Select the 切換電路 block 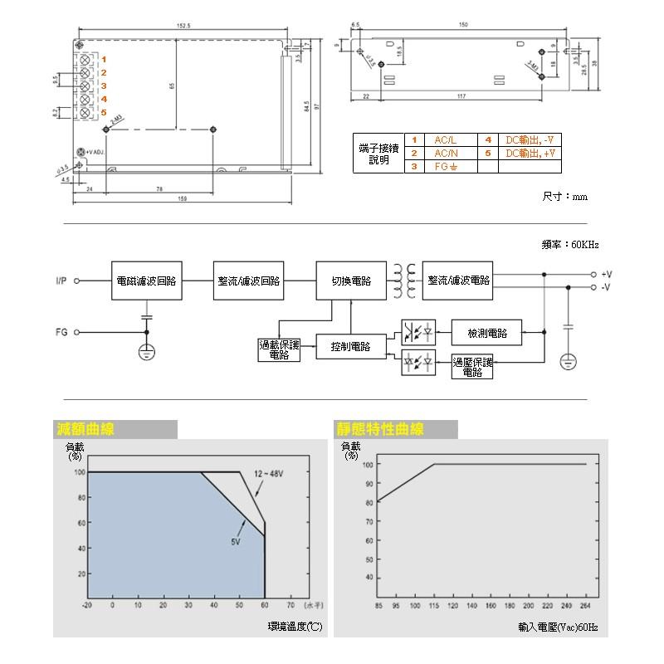351,281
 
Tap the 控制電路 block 350,346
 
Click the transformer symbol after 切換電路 404,281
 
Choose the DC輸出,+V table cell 530,154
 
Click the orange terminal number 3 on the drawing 104,85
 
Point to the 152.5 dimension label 183,27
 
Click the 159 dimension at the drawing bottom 183,198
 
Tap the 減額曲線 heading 85,429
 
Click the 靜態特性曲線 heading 380,429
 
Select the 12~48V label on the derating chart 268,473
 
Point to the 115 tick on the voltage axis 434,605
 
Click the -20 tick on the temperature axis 87,605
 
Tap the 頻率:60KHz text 569,246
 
